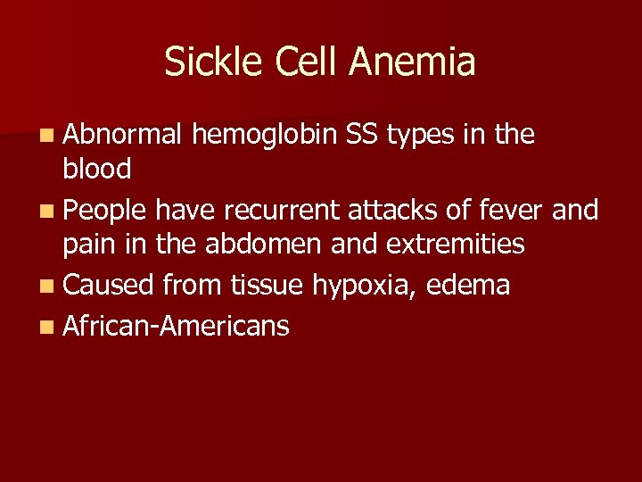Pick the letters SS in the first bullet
pos(362,135)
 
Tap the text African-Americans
pos(176,326)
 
